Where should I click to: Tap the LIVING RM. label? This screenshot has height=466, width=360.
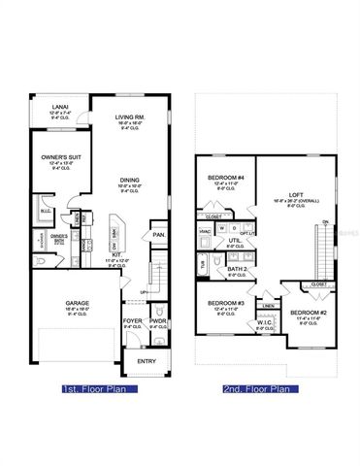tap(130, 115)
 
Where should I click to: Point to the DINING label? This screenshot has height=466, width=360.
tap(129, 179)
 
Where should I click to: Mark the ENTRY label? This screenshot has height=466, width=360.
tap(147, 362)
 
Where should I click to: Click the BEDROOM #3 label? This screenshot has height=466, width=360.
tap(225, 303)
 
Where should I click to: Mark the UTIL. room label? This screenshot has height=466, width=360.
tap(236, 241)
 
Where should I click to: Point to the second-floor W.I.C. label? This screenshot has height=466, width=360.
tap(260, 323)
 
